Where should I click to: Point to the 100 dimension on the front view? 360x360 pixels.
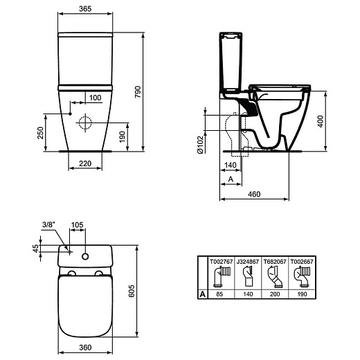click(x=94, y=97)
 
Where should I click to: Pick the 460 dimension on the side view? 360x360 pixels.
click(x=253, y=195)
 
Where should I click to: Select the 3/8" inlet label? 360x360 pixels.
click(x=48, y=224)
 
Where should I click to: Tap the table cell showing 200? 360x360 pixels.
click(x=276, y=294)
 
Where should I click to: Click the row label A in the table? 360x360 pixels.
click(x=202, y=294)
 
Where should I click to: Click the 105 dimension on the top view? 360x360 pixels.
click(x=78, y=225)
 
